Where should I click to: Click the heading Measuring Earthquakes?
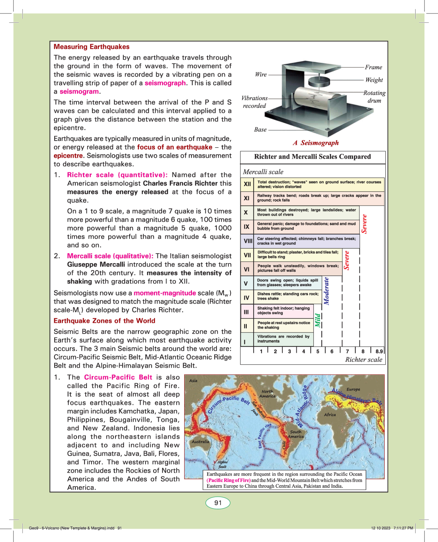pos(91,47)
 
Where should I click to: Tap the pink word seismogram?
pos(79,91)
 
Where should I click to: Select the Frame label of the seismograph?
pos(374,67)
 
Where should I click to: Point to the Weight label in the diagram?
pos(374,80)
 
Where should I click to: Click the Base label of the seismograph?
pos(260,130)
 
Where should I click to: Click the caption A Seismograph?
pos(316,143)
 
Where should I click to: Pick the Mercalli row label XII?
pos(247,184)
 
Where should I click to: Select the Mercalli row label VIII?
pos(248,241)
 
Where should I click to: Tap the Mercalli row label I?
pos(245,342)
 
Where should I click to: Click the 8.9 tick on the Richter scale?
pos(379,351)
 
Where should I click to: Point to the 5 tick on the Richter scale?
pos(318,351)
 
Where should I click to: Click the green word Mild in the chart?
pos(318,320)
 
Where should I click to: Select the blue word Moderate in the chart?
pos(326,291)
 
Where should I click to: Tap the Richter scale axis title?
pos(364,360)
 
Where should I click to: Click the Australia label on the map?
pos(200,442)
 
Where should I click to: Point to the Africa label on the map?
pos(330,415)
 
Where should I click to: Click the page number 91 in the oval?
pos(218,503)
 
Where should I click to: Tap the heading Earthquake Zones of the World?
pos(104,321)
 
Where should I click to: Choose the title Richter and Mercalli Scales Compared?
pos(312,157)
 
